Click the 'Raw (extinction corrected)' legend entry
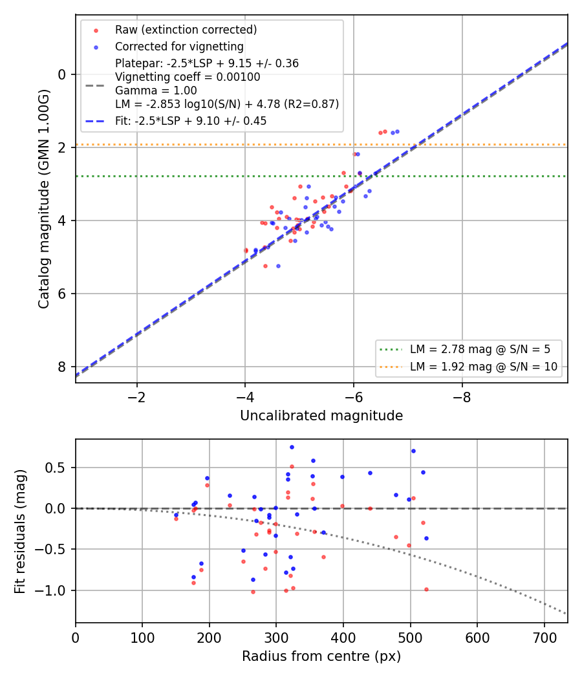point(186,30)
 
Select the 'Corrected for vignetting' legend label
point(179,47)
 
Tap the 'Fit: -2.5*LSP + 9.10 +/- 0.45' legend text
point(191,121)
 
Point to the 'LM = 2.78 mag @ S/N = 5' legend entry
point(480,349)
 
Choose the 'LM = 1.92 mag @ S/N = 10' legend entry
point(484,367)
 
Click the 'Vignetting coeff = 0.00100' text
point(188,77)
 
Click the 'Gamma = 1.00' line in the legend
point(156,91)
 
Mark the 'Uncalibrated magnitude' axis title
point(321,416)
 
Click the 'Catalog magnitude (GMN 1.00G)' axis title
point(44,199)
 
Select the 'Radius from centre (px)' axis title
point(321,656)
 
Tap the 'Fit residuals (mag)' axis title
point(20,532)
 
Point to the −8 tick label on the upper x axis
point(462,398)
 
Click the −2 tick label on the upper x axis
point(137,398)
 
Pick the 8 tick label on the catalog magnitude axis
point(62,367)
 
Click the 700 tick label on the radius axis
point(544,638)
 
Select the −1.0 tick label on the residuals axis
point(51,590)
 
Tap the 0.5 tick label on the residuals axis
point(56,468)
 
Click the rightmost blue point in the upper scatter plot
point(397,132)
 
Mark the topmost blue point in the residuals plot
point(292,447)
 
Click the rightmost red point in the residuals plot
point(427,589)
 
